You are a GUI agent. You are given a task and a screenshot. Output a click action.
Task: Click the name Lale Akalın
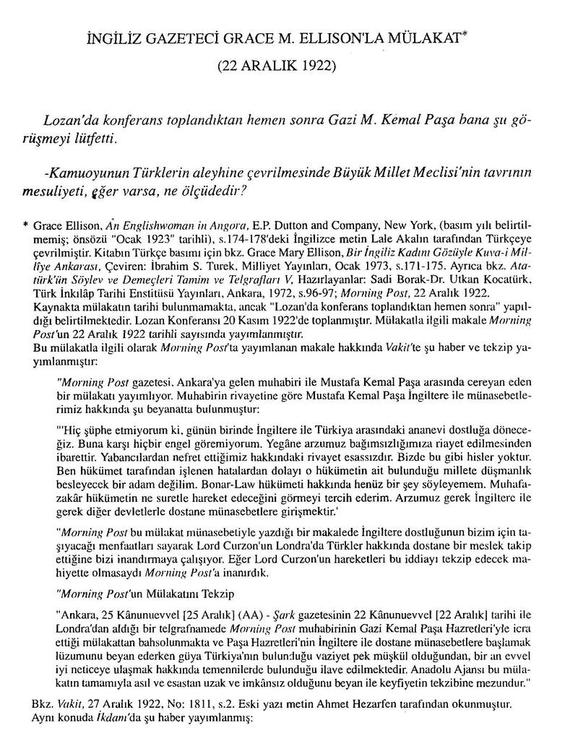point(367,238)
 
